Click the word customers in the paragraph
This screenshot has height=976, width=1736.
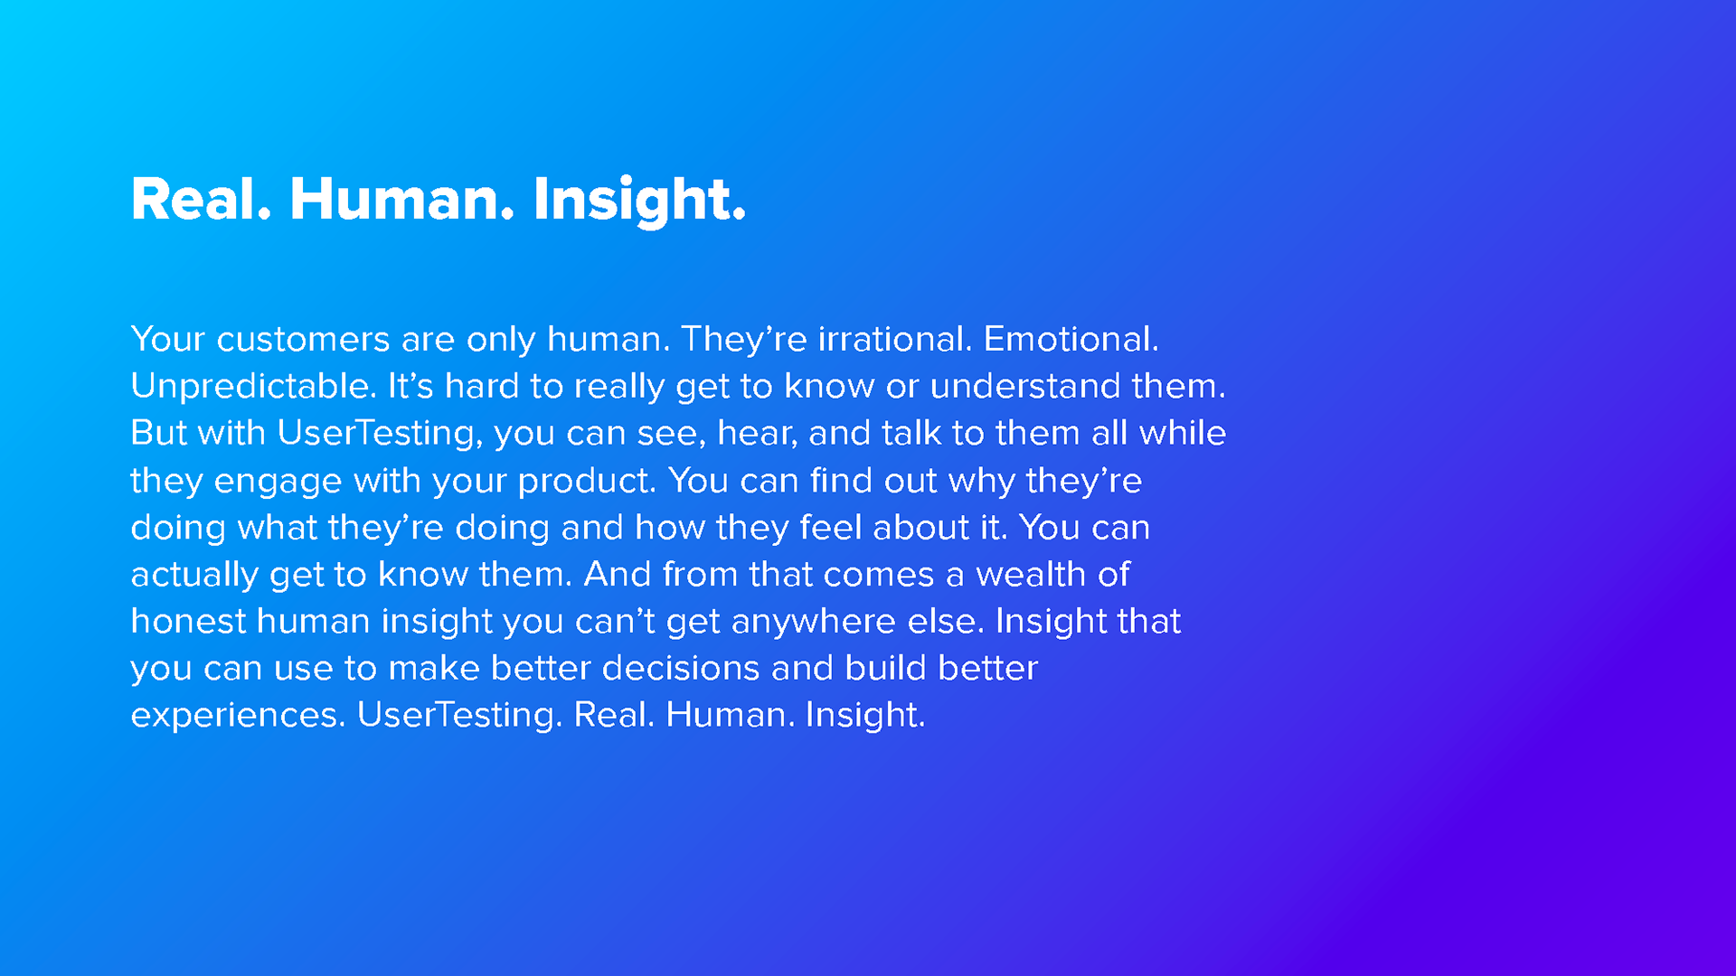(x=303, y=340)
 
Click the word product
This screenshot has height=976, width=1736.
(x=586, y=482)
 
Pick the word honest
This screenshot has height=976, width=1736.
(x=188, y=621)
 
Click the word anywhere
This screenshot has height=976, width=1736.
(x=815, y=623)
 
